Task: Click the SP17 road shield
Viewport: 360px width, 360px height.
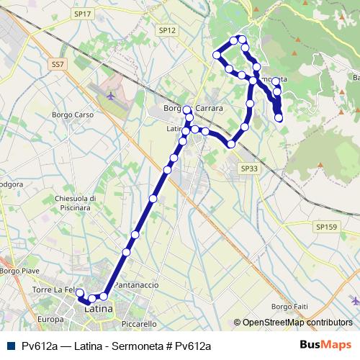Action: click(84, 14)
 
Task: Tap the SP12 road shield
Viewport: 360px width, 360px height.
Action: click(167, 30)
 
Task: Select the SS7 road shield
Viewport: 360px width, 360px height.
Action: click(58, 64)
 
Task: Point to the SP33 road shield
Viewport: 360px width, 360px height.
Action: click(249, 167)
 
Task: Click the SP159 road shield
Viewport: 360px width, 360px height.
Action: click(325, 227)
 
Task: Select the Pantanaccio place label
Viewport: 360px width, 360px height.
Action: click(136, 285)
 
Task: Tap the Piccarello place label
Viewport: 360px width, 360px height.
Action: click(139, 324)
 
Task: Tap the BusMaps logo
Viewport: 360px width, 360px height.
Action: click(330, 345)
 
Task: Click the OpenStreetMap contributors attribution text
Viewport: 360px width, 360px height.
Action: click(297, 323)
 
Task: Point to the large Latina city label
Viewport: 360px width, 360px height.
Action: click(99, 309)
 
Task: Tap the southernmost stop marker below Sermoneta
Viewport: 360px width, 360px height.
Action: click(279, 117)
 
